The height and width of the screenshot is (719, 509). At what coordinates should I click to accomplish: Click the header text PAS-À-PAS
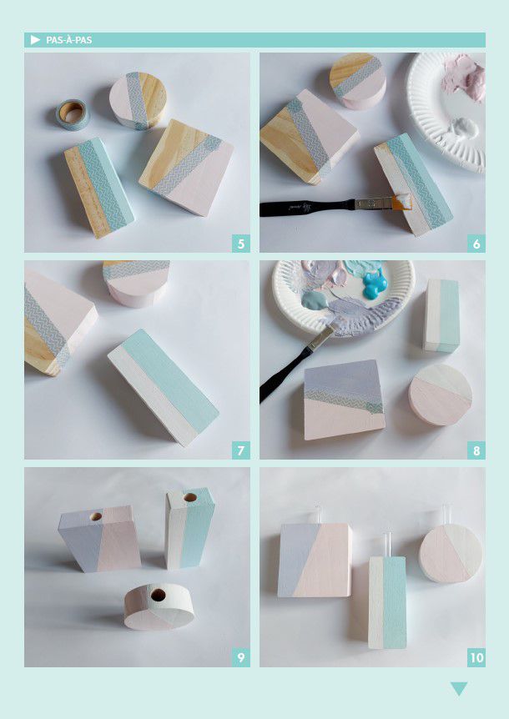(68, 40)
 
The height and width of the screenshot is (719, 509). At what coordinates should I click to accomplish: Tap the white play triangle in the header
(35, 40)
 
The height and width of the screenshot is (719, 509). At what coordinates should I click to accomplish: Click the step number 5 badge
(241, 244)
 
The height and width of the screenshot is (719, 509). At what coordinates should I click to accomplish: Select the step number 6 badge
(476, 244)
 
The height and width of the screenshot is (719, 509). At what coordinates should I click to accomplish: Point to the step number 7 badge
(241, 450)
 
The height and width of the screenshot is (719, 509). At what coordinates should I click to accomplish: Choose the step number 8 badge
(476, 450)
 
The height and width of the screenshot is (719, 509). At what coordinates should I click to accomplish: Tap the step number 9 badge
(241, 658)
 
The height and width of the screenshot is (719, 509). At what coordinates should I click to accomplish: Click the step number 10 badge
(476, 658)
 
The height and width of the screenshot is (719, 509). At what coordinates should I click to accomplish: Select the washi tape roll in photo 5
(73, 114)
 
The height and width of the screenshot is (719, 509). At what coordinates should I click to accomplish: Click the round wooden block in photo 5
(138, 100)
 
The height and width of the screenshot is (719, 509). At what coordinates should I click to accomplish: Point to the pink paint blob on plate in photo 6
(464, 78)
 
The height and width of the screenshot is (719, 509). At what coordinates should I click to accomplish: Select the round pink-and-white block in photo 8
(441, 395)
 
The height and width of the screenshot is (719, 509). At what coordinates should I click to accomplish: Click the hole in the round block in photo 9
(159, 596)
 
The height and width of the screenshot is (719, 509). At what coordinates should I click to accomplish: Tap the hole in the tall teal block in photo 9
(190, 497)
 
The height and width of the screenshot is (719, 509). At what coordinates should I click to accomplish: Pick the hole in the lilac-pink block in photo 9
(96, 516)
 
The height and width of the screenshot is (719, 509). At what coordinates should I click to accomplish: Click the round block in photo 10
(451, 554)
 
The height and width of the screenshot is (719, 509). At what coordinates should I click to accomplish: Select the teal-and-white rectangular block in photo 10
(387, 602)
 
